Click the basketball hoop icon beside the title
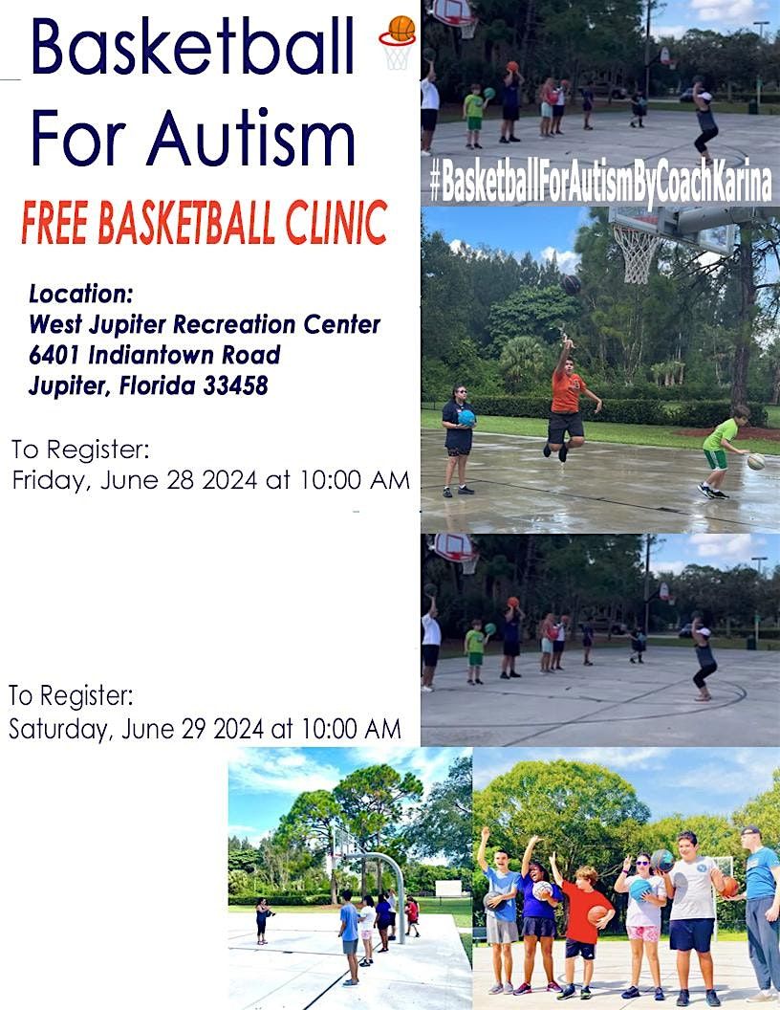tap(397, 41)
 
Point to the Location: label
tap(81, 293)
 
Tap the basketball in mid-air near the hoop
tap(571, 283)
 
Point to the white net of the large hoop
tap(636, 252)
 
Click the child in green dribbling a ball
tap(724, 450)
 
